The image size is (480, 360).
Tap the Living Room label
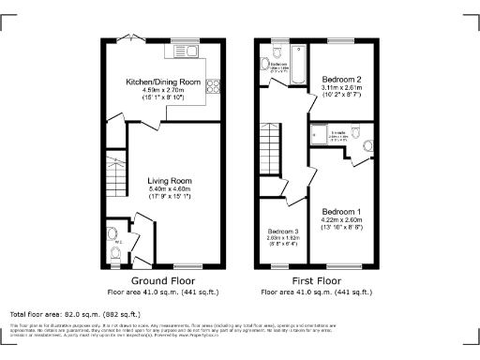[170, 181]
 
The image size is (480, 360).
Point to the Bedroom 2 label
[341, 79]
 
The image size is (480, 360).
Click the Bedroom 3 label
[282, 231]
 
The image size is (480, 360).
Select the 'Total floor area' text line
[70, 312]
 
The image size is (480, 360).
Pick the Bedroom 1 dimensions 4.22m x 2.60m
[341, 220]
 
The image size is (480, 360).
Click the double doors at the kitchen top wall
[138, 42]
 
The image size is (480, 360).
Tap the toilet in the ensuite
[367, 145]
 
